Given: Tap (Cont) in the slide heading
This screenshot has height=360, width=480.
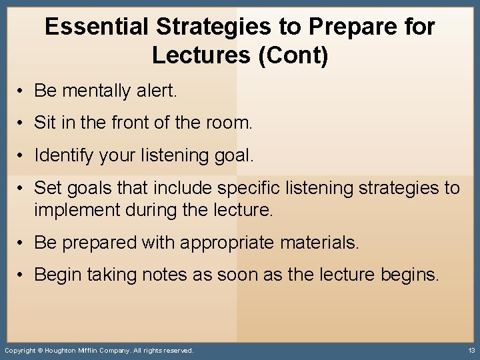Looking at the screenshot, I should pyautogui.click(x=294, y=55).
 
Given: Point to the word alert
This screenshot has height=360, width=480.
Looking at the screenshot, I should pyautogui.click(x=158, y=91).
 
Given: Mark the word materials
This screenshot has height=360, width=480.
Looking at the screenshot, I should pyautogui.click(x=317, y=243).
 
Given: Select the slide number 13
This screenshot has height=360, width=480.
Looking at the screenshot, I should pyautogui.click(x=471, y=351).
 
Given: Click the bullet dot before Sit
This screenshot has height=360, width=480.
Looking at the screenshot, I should pyautogui.click(x=22, y=123).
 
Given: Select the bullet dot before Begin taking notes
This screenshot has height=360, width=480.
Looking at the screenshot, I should pyautogui.click(x=22, y=275).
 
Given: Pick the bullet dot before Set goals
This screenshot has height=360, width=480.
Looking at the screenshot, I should pyautogui.click(x=22, y=188).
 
